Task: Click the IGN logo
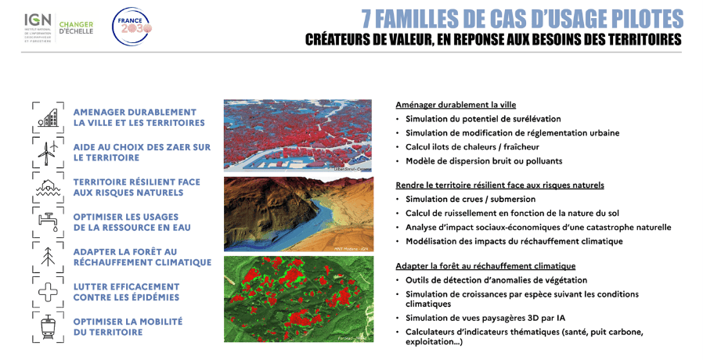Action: click(x=36, y=27)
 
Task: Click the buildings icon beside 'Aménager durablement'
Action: click(x=49, y=117)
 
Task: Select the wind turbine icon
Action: click(x=49, y=151)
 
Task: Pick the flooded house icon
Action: click(x=49, y=187)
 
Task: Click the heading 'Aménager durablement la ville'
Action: click(x=456, y=105)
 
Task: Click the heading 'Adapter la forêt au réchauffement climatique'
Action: click(x=485, y=266)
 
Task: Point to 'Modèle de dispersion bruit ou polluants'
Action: click(x=483, y=161)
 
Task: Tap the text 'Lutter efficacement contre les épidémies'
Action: click(x=126, y=292)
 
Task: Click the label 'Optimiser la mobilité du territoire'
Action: click(x=128, y=327)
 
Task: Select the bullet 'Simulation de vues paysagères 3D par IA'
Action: click(x=487, y=318)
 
